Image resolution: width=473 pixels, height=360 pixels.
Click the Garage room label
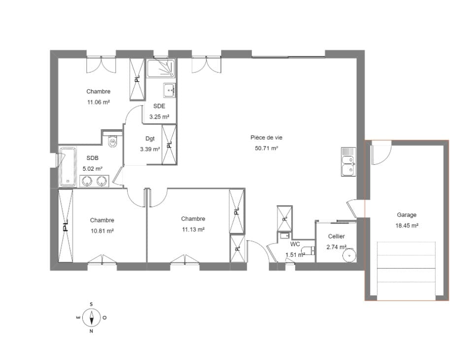coord(406,215)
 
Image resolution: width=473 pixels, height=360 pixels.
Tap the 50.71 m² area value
coord(267,148)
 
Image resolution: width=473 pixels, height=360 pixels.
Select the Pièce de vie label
coord(267,138)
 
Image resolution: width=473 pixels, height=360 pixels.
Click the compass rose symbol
coord(92,318)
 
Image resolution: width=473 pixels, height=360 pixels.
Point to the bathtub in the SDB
coord(68,167)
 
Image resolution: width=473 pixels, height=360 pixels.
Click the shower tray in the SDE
coord(161,68)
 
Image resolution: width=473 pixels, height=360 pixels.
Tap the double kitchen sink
coord(349,162)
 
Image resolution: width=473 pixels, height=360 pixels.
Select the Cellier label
coord(337,237)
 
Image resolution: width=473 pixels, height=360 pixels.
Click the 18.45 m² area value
coord(406,225)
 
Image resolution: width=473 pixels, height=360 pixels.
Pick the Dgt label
coord(150,139)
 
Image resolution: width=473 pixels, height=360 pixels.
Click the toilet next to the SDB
coord(112,141)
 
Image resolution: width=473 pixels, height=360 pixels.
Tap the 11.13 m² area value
coord(193,229)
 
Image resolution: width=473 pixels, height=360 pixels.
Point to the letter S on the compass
coord(91,304)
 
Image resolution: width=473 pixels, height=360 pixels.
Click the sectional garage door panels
coord(406,271)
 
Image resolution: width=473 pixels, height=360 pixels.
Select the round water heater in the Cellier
coord(349,255)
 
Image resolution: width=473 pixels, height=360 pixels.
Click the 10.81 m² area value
coord(102,231)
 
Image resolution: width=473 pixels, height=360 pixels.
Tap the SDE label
coord(159,106)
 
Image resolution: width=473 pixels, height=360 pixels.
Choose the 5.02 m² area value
coord(93,169)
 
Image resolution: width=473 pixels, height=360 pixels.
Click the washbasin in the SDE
coord(169,90)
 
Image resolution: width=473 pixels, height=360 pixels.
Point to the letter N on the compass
coord(91,331)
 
